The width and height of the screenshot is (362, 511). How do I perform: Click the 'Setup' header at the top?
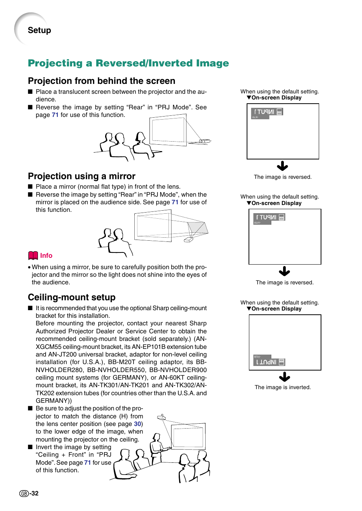click(x=39, y=30)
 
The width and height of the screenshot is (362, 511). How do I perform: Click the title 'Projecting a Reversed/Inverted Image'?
click(x=128, y=63)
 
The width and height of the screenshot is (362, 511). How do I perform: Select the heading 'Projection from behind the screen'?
click(x=101, y=81)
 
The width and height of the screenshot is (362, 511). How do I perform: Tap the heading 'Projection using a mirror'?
click(x=82, y=176)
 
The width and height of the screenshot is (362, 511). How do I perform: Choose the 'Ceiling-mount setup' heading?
click(x=71, y=297)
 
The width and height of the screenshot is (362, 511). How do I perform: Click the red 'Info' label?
click(x=46, y=255)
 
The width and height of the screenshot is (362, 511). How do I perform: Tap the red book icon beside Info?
click(x=33, y=255)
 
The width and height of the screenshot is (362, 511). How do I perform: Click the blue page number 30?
click(x=137, y=424)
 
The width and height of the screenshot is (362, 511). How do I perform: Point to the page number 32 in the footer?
click(x=35, y=493)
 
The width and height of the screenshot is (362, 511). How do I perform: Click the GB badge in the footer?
click(x=24, y=494)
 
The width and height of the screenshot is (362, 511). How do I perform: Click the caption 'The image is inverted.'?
click(x=283, y=387)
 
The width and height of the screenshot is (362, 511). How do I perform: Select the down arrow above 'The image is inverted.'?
click(x=284, y=377)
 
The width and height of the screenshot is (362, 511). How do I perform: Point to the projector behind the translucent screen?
click(x=205, y=141)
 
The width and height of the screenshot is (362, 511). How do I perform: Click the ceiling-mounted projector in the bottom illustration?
click(x=162, y=417)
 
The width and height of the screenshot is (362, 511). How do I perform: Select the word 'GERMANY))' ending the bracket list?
click(x=54, y=401)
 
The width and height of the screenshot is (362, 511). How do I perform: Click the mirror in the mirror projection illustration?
click(x=198, y=228)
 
